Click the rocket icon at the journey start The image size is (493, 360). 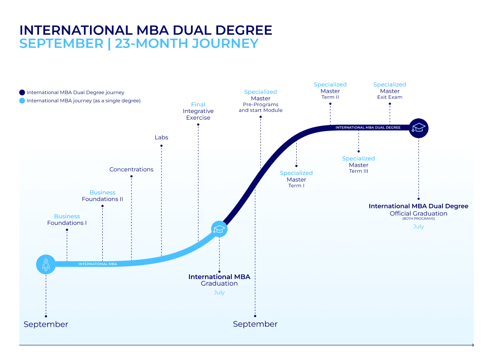click(46, 264)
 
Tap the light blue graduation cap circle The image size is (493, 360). click(219, 229)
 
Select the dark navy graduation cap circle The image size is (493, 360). click(419, 128)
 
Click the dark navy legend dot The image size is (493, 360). click(22, 92)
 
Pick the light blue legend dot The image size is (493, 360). click(22, 101)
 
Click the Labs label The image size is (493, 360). click(161, 137)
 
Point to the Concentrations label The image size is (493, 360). click(131, 169)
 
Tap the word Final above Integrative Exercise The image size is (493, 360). click(198, 104)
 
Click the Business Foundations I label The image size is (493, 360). click(67, 219)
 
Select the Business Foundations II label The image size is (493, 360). click(102, 196)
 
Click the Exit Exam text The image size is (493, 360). click(390, 97)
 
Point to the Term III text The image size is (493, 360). click(359, 171)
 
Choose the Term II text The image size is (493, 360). click(330, 97)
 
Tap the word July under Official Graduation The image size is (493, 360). click(418, 226)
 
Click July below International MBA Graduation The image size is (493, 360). click(219, 293)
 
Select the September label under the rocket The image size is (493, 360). click(46, 324)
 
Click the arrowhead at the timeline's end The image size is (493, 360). click(473, 345)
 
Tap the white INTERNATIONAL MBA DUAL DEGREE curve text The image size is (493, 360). click(368, 127)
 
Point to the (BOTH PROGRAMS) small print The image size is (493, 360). click(419, 219)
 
